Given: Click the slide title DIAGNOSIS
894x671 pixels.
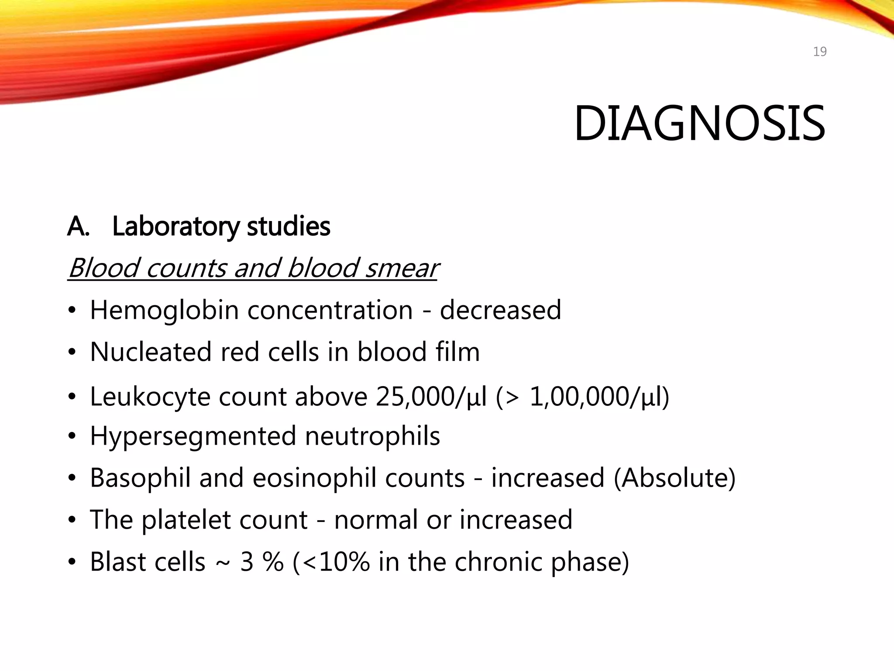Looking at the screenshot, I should pos(699,124).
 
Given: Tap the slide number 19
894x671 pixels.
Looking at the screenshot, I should pos(820,52).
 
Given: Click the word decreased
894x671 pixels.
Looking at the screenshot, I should pos(500,310).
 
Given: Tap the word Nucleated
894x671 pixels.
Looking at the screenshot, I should pos(151,352).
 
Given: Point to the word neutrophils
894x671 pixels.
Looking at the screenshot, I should pos(372,436).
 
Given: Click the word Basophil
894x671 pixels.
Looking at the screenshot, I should pos(140,478).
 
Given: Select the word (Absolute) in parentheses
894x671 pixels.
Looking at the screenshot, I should pos(674,478).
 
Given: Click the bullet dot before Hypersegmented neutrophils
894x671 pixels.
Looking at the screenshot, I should pos(72,436).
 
